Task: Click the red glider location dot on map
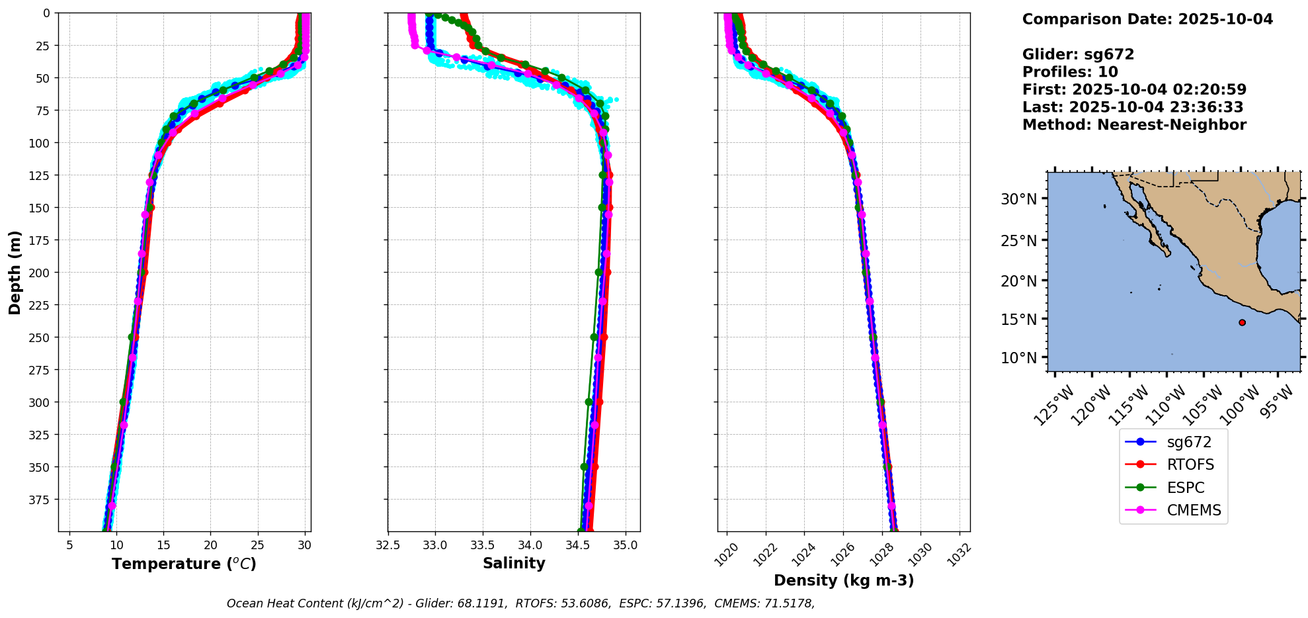1242,323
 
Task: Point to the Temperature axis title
184,564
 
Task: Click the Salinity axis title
514,564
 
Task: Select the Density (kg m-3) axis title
844,581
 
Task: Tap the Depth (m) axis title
15,272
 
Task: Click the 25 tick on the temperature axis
257,546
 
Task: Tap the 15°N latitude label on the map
1019,320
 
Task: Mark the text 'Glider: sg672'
1078,55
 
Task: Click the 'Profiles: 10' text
1070,72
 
